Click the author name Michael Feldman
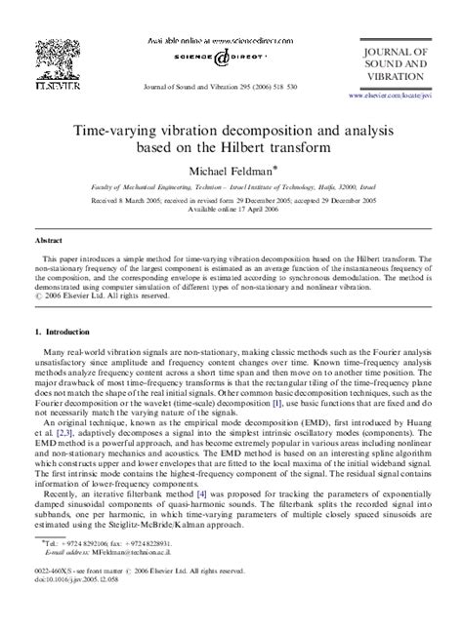pos(231,172)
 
